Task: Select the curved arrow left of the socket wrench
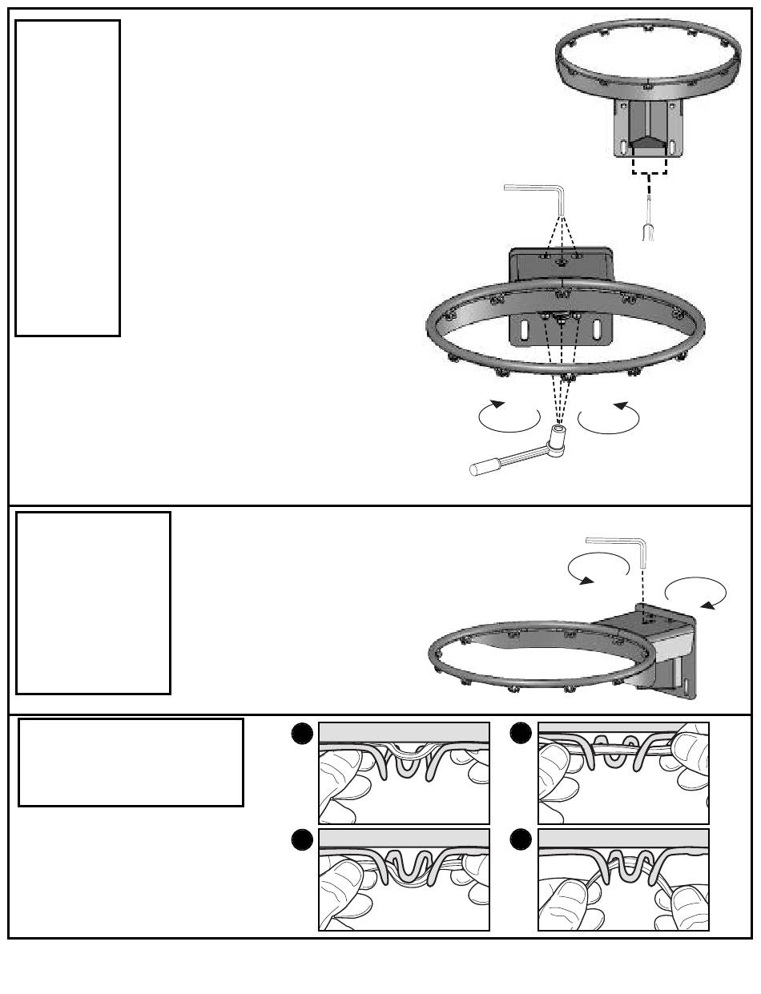[x=509, y=417]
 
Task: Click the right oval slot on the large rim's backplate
[x=598, y=330]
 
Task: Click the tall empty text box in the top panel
[x=67, y=178]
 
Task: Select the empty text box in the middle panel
[x=93, y=602]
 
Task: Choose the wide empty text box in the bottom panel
[x=131, y=762]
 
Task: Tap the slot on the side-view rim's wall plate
[x=688, y=688]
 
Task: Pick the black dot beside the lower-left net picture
[x=303, y=839]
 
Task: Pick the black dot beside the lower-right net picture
[x=522, y=839]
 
